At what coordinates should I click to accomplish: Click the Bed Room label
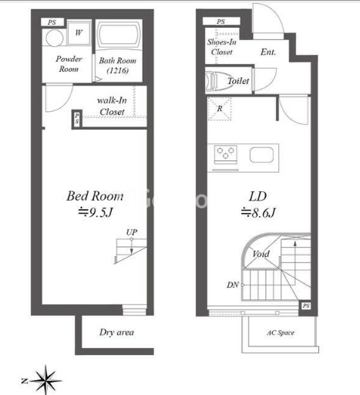[95, 196]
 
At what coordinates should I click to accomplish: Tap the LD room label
[257, 197]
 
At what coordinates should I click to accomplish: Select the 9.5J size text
[96, 213]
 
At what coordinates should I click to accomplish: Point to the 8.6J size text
[258, 213]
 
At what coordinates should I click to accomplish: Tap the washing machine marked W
[79, 33]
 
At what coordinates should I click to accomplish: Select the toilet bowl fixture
[216, 81]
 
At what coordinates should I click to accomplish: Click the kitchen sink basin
[261, 155]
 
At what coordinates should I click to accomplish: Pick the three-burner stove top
[226, 154]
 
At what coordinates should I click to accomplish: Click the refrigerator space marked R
[220, 109]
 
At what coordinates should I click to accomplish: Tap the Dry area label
[116, 333]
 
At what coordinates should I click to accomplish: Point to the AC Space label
[281, 333]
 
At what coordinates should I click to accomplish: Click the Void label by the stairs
[261, 254]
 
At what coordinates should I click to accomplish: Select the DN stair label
[233, 285]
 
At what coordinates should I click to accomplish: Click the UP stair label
[132, 232]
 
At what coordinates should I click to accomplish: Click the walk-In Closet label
[112, 106]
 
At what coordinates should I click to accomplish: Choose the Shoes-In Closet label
[222, 47]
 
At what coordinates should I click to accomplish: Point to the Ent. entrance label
[268, 52]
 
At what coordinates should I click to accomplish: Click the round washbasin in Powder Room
[55, 38]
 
